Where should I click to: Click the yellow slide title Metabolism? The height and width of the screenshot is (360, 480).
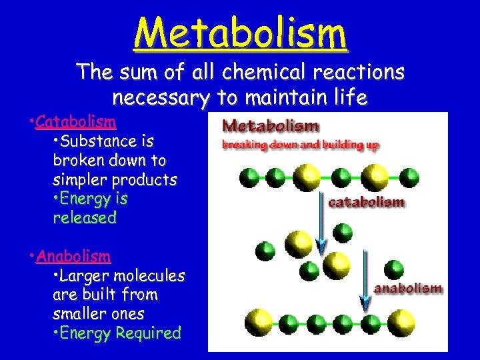click(240, 33)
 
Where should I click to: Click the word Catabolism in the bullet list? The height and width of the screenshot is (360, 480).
click(76, 122)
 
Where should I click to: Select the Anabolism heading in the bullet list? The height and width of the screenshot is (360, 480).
click(73, 257)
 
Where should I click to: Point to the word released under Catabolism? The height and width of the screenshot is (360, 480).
click(85, 218)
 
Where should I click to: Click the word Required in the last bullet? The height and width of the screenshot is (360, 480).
click(149, 333)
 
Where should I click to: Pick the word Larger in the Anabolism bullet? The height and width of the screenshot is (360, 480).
click(88, 276)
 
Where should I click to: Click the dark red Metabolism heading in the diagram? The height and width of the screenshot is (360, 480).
click(271, 125)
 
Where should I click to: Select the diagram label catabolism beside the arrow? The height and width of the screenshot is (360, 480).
click(365, 202)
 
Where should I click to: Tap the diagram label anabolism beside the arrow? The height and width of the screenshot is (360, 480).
click(408, 288)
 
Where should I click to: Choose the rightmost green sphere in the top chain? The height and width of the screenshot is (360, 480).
click(409, 177)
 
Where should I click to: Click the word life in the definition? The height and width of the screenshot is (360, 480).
click(349, 98)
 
